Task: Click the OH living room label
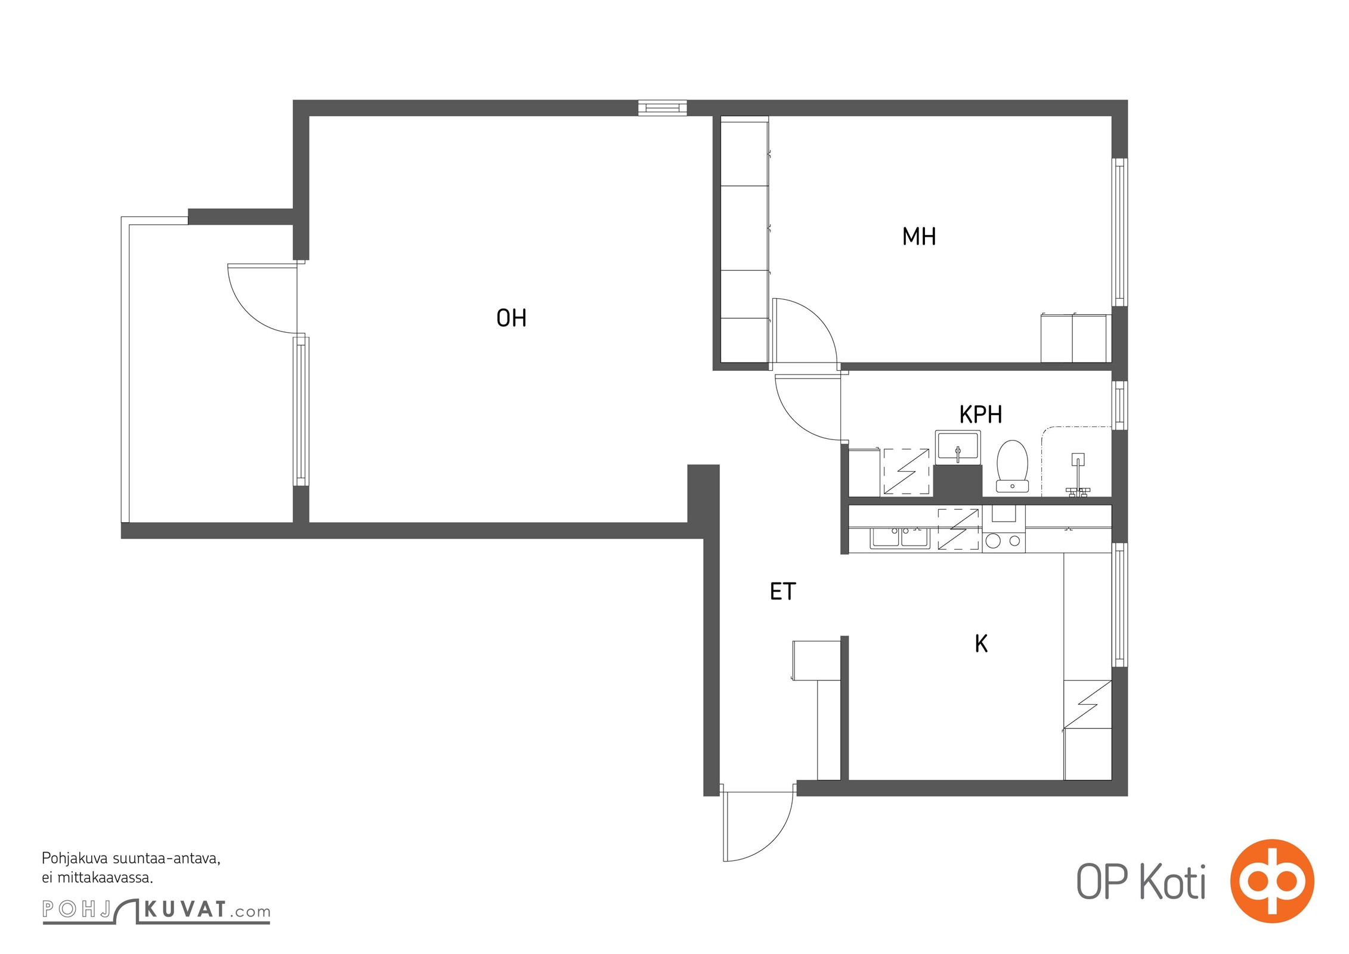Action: coord(511,318)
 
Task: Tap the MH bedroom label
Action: coord(919,237)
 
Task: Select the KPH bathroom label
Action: coord(980,414)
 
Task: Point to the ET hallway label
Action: coord(782,591)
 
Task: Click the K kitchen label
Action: coord(981,644)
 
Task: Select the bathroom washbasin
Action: coord(958,447)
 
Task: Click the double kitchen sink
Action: coord(899,538)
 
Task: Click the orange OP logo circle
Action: coord(1272,881)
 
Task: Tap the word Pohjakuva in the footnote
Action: coord(74,859)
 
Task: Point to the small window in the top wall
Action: coord(663,108)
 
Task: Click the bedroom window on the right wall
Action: coord(1120,232)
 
